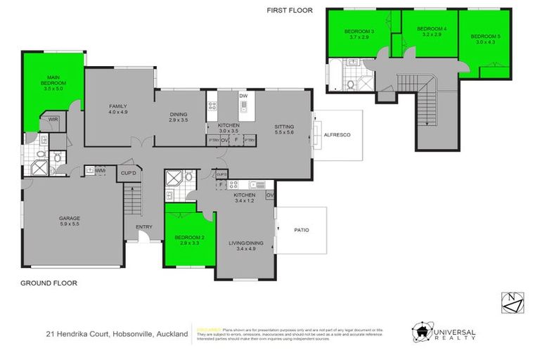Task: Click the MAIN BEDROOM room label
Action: click(53, 80)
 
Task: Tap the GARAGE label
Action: click(69, 219)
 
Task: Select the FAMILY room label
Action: click(117, 106)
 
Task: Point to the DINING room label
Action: click(179, 115)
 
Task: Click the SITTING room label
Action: click(285, 127)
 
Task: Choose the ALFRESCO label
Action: click(337, 134)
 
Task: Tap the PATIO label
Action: click(301, 230)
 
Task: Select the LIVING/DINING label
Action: click(244, 244)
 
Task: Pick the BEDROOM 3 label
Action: click(359, 32)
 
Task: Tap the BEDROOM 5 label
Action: click(484, 36)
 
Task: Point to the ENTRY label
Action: click(144, 226)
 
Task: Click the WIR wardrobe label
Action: click(53, 120)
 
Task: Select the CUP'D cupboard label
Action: click(128, 172)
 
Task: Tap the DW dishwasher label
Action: click(243, 95)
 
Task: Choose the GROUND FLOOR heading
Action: click(49, 283)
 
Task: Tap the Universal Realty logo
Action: click(443, 332)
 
